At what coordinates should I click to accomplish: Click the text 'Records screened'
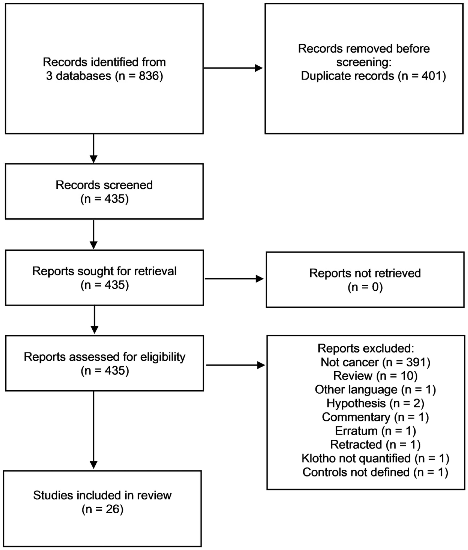[x=104, y=185]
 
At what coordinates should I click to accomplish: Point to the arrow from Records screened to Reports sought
[x=93, y=234]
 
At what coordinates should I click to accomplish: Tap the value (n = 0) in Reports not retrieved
[x=365, y=287]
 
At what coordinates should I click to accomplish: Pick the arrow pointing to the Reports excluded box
[x=235, y=365]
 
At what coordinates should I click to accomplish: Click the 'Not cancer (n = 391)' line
[x=375, y=362]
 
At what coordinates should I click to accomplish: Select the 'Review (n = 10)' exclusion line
[x=375, y=376]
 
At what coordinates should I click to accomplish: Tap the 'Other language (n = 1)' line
[x=375, y=390]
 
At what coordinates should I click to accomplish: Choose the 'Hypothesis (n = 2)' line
[x=375, y=403]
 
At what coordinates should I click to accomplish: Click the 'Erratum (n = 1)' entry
[x=375, y=431]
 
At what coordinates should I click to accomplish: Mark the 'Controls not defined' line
[x=375, y=472]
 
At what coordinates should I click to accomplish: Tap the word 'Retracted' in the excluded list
[x=356, y=444]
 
